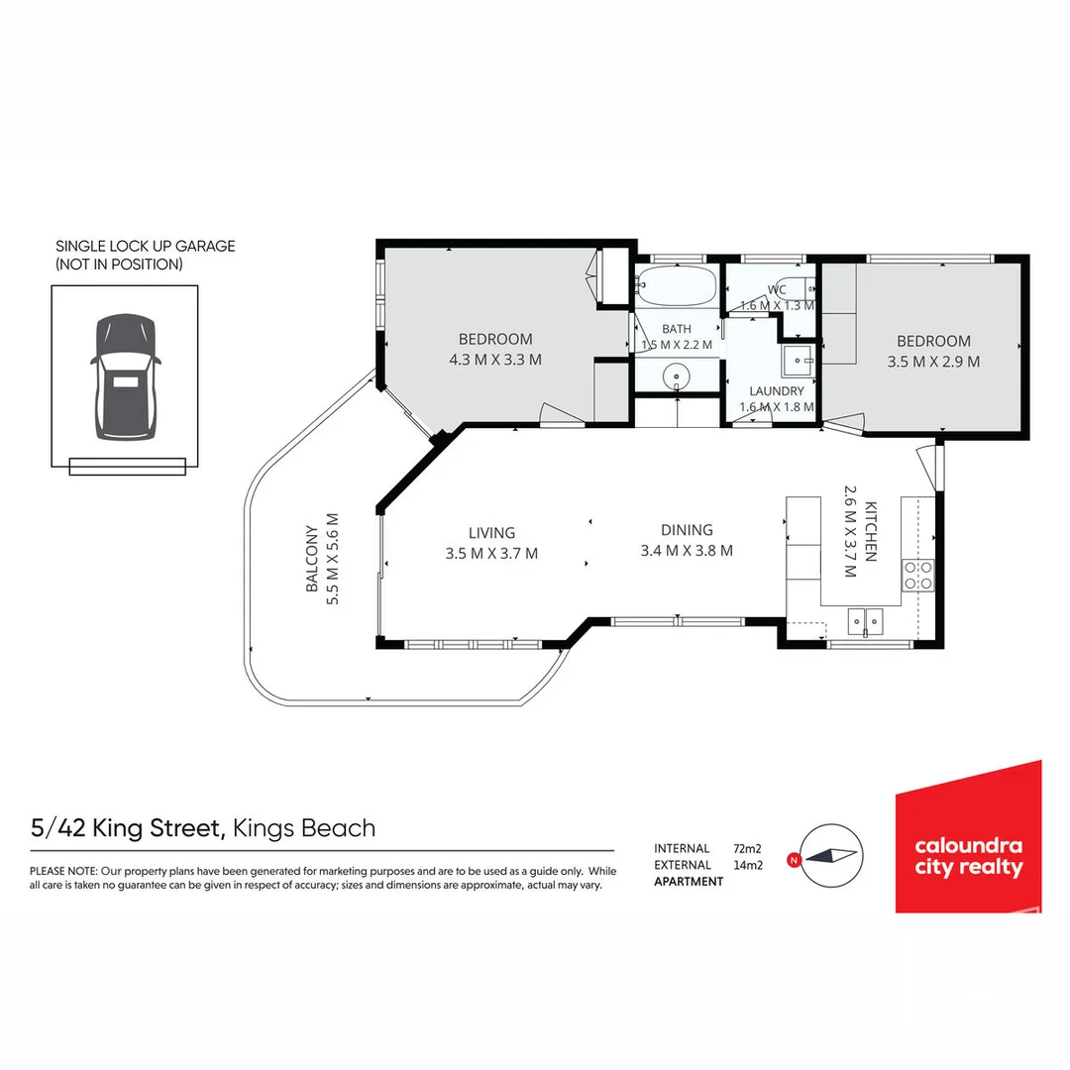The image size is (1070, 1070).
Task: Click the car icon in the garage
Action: pos(126,376)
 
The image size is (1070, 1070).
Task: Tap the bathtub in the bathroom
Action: pos(677,284)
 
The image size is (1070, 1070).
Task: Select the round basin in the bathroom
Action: pos(677,376)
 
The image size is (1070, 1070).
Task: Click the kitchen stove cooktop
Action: pos(917,576)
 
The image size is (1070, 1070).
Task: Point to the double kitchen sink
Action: pos(865,621)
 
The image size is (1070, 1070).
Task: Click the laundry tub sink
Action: pos(798,361)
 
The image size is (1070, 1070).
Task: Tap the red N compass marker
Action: pos(793,860)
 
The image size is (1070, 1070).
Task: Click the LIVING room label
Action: pos(491,533)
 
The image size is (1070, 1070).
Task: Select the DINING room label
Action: pos(687,530)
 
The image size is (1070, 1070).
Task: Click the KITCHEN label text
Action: pos(871,532)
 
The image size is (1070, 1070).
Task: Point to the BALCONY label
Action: pos(312,558)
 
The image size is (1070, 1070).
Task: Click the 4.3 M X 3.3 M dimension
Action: pos(495,360)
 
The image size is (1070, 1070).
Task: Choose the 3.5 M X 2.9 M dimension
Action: pos(933,362)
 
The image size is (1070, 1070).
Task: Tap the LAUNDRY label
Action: pos(777,391)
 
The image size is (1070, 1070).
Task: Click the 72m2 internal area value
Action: pos(747,849)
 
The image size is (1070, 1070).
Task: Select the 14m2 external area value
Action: pos(748,865)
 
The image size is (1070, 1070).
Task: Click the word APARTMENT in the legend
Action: pos(689,882)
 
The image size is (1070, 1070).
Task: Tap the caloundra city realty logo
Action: pos(968,837)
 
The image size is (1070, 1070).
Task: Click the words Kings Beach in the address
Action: pos(304,827)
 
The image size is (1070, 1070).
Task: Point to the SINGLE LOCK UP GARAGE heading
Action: pos(146,247)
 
